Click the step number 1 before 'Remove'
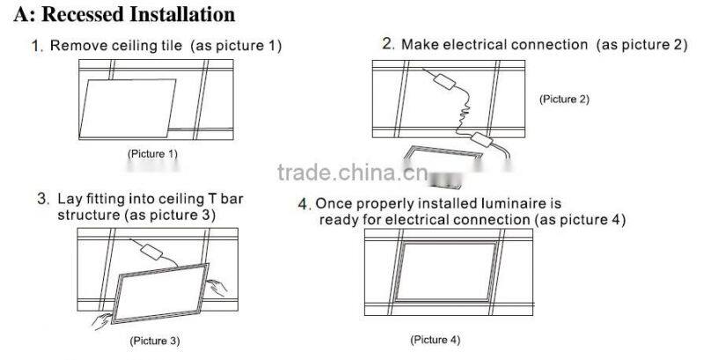click(36, 46)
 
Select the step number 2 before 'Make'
click(387, 43)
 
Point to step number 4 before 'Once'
click(304, 205)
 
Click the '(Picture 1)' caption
click(153, 154)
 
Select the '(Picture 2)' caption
click(563, 99)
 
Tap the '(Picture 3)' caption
click(155, 339)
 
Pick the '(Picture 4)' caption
click(436, 339)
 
